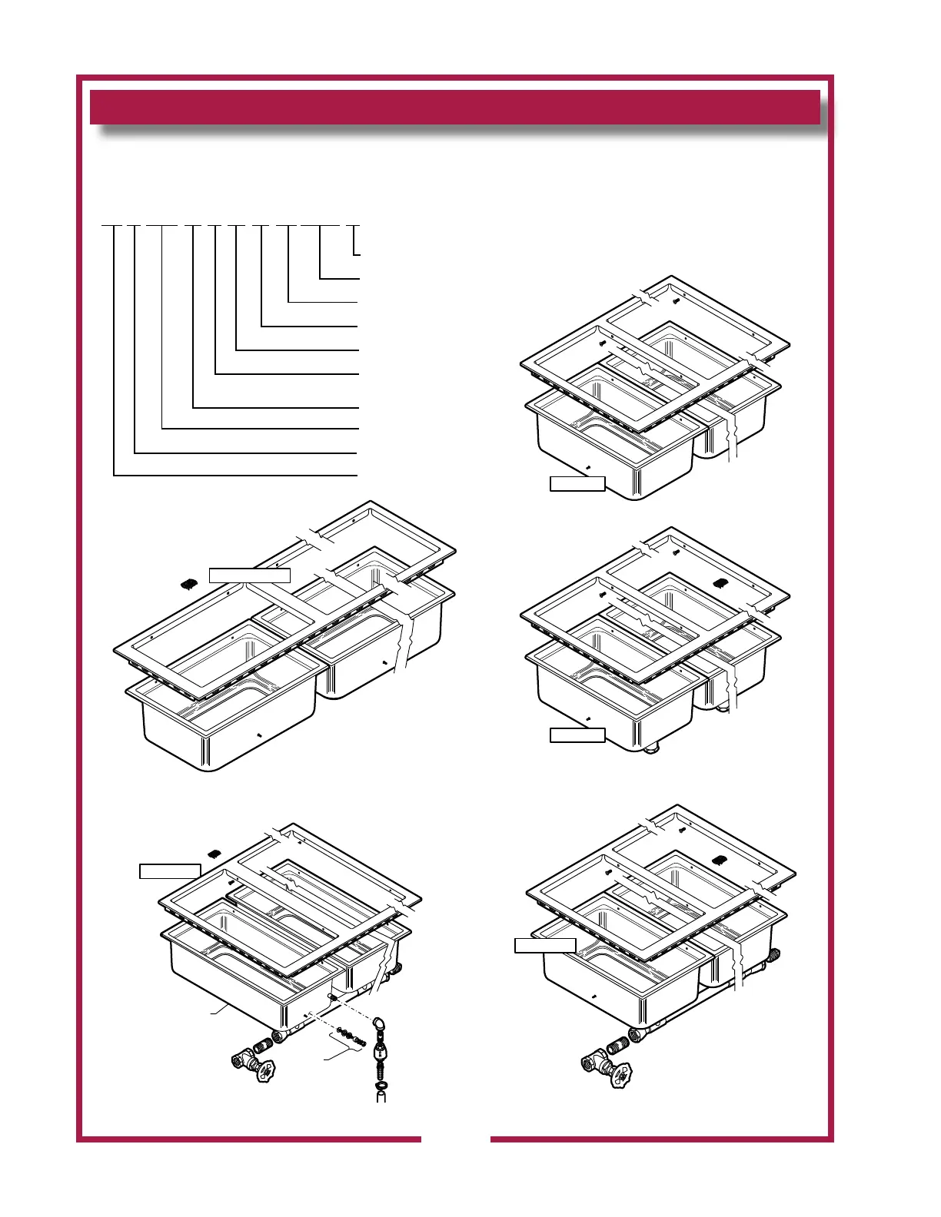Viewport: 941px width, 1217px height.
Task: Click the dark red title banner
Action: (x=454, y=107)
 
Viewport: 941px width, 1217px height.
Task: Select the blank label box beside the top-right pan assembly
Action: (x=577, y=483)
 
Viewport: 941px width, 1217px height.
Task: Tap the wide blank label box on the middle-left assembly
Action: (x=249, y=575)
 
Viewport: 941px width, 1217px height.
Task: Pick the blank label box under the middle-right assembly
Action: (x=577, y=735)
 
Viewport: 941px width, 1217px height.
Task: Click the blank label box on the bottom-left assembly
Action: (x=170, y=870)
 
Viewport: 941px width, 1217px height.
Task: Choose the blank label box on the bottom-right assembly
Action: (x=545, y=945)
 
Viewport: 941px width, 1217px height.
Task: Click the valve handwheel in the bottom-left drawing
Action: (x=265, y=1069)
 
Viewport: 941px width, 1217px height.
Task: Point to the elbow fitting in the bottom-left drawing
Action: (x=379, y=1025)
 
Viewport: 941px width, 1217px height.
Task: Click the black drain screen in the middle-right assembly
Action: (x=721, y=582)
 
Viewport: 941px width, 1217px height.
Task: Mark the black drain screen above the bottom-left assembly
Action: (x=215, y=853)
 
